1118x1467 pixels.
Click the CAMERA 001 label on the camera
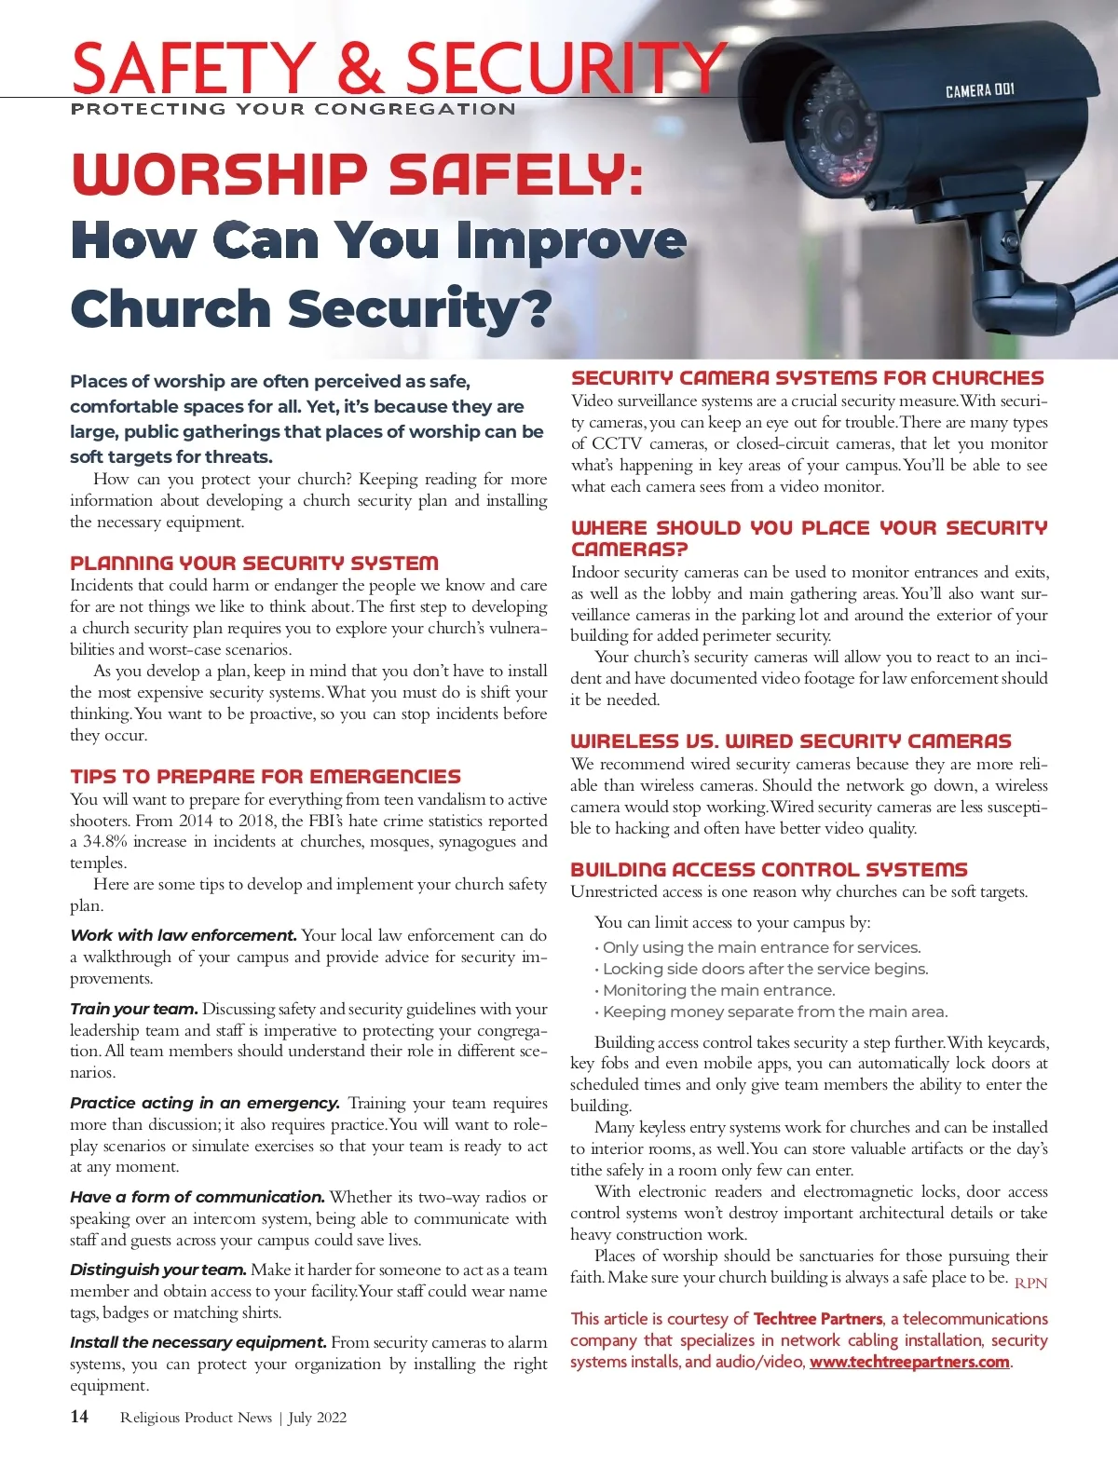979,90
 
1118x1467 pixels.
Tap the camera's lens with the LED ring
838,130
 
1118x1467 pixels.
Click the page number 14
79,1417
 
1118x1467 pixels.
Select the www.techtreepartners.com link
909,1362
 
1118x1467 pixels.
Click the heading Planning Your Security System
254,563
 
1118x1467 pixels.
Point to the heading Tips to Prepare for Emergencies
266,776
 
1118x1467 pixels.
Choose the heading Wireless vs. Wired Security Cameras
790,741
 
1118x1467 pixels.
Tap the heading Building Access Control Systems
769,869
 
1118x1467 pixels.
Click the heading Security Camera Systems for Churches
808,378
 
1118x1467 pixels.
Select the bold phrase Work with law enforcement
184,935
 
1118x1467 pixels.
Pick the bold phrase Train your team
134,1009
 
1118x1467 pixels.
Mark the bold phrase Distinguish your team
158,1270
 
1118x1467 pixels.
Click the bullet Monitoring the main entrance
718,990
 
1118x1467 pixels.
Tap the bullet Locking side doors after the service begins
765,969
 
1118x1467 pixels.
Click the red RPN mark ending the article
1030,1283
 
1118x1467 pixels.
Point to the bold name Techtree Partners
818,1319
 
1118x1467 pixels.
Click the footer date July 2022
318,1418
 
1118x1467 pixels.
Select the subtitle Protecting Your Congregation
293,109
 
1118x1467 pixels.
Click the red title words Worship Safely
357,174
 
